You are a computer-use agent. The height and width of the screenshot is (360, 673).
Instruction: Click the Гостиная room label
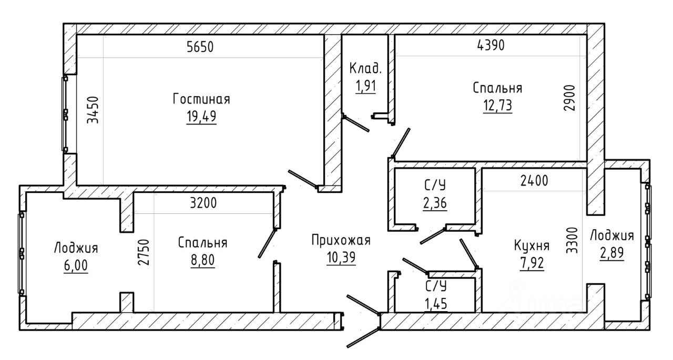[x=201, y=99]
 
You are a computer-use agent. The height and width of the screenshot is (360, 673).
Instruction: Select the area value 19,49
[x=201, y=117]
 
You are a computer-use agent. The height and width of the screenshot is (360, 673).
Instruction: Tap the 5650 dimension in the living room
[x=200, y=47]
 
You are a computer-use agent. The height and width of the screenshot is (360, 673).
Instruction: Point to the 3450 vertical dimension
[x=93, y=110]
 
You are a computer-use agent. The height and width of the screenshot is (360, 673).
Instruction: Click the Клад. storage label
[x=365, y=68]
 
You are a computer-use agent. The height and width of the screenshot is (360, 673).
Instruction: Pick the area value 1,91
[x=365, y=86]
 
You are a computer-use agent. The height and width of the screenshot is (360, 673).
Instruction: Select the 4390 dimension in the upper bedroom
[x=491, y=45]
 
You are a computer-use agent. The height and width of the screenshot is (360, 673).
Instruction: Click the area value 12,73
[x=497, y=106]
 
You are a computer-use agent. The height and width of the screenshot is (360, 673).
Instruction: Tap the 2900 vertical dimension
[x=569, y=98]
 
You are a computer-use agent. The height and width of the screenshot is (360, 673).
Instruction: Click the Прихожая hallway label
[x=341, y=240]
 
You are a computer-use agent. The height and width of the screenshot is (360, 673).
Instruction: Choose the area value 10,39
[x=341, y=258]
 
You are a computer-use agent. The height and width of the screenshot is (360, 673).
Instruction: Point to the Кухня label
[x=532, y=245]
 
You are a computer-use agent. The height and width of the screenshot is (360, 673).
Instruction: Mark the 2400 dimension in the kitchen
[x=534, y=181]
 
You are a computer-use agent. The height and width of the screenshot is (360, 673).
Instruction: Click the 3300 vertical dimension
[x=572, y=241]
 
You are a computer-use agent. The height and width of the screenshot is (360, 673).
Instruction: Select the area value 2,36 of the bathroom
[x=435, y=203]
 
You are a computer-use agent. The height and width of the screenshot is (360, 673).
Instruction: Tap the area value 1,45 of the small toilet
[x=436, y=304]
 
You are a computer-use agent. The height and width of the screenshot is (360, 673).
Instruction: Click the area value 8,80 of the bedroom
[x=203, y=260]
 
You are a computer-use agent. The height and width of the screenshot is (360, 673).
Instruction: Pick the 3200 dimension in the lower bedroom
[x=203, y=203]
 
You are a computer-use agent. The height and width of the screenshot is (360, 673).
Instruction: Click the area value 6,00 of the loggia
[x=76, y=265]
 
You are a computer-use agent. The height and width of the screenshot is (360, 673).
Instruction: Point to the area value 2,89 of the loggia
[x=611, y=253]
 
